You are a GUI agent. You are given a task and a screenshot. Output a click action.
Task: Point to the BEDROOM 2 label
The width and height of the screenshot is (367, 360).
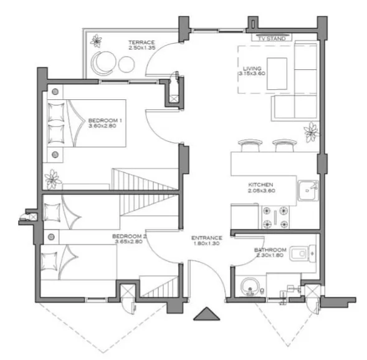pos(128,236)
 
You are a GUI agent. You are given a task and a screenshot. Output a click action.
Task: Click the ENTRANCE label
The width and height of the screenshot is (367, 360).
pos(206,238)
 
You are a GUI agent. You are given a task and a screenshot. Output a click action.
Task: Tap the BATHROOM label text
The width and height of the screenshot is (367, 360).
pos(270,250)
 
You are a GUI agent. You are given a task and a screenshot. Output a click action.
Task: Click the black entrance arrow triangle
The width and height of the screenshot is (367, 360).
pos(206,314)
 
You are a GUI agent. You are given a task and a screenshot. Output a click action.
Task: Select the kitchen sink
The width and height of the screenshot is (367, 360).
pos(308,190)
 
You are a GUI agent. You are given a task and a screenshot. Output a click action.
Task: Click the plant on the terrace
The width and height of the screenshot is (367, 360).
pos(96,42)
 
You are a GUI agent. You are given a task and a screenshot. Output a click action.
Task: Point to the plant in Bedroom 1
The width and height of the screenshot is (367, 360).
pos(52,178)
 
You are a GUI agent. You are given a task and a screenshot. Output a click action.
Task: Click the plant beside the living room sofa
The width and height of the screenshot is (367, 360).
pos(310,132)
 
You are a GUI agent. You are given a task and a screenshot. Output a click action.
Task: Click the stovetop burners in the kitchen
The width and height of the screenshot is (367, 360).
pos(279,216)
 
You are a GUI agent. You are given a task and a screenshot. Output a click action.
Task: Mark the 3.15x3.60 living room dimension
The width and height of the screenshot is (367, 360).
pos(252,74)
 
